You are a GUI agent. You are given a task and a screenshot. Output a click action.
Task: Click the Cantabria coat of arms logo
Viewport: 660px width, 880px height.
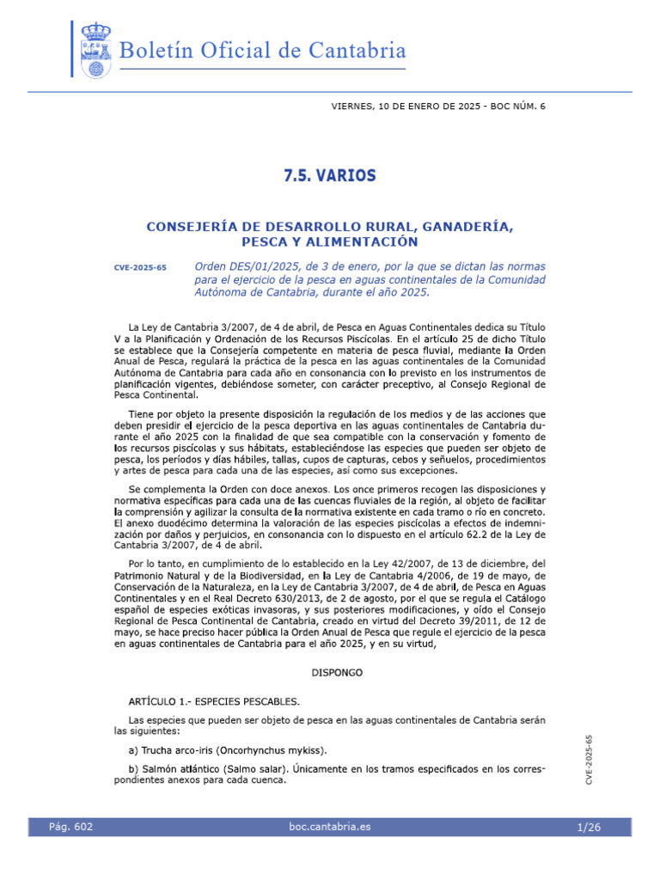pos(95,50)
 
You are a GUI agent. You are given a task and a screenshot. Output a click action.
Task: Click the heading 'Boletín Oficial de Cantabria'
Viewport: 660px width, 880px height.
pos(263,52)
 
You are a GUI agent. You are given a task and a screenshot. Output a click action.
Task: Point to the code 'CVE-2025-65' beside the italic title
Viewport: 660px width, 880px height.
pos(140,268)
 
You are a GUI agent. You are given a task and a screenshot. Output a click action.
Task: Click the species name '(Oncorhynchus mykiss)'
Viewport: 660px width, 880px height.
pos(278,750)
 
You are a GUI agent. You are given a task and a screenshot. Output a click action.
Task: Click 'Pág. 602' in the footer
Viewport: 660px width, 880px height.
pos(71,827)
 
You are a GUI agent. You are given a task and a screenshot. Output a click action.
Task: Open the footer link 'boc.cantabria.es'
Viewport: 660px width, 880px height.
pos(331,827)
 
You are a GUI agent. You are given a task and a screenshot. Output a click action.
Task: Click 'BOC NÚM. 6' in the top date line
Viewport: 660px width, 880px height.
pos(515,107)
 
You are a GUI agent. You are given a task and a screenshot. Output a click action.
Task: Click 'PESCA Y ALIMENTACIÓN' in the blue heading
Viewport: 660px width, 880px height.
pos(329,242)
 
